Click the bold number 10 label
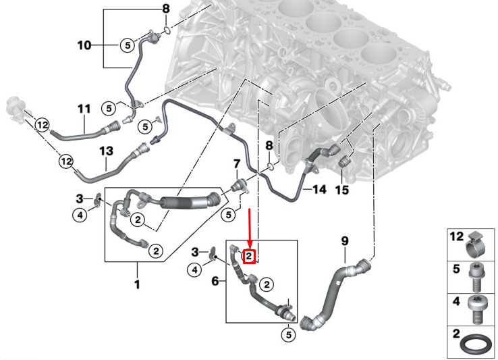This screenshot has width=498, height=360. pos(84,45)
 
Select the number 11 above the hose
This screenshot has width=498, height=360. pos(84,109)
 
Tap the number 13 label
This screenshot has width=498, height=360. pos(106,151)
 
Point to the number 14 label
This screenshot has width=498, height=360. pos(320,190)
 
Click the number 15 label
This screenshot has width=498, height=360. pos(342,190)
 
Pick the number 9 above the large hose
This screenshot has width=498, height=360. pos(345,241)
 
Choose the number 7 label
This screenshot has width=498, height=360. pos(237,164)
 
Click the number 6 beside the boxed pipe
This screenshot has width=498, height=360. pos(215,281)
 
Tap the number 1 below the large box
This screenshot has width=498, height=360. pos(137,284)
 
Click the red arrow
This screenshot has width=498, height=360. pos(250,228)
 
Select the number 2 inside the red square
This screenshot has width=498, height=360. pos(249,256)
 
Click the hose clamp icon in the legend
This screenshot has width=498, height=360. pos(476,245)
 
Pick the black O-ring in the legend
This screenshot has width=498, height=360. pos(474,345)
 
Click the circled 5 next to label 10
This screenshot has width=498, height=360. pos(128,45)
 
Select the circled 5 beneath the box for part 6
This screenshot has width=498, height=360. pos(288,335)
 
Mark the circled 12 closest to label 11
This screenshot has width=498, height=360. pos(43,125)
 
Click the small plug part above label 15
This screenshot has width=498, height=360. pos(344,161)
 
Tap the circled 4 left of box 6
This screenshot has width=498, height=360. pos(194,270)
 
